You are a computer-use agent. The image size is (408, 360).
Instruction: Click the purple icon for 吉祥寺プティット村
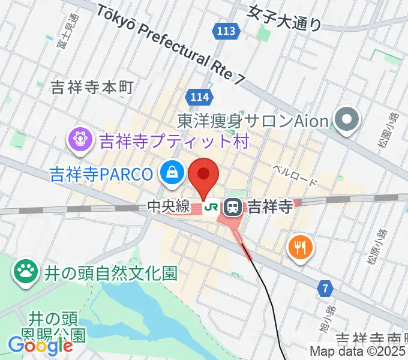(79, 140)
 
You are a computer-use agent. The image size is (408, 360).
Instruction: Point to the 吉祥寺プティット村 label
(173, 142)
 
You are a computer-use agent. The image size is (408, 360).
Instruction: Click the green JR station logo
(211, 208)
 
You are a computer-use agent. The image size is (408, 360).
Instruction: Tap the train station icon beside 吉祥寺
(232, 208)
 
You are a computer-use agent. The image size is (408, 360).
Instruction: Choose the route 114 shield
(197, 96)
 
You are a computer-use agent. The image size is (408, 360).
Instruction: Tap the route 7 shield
(325, 289)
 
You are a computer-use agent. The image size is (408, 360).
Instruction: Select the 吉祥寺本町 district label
(92, 88)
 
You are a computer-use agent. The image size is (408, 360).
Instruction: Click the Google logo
(40, 346)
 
